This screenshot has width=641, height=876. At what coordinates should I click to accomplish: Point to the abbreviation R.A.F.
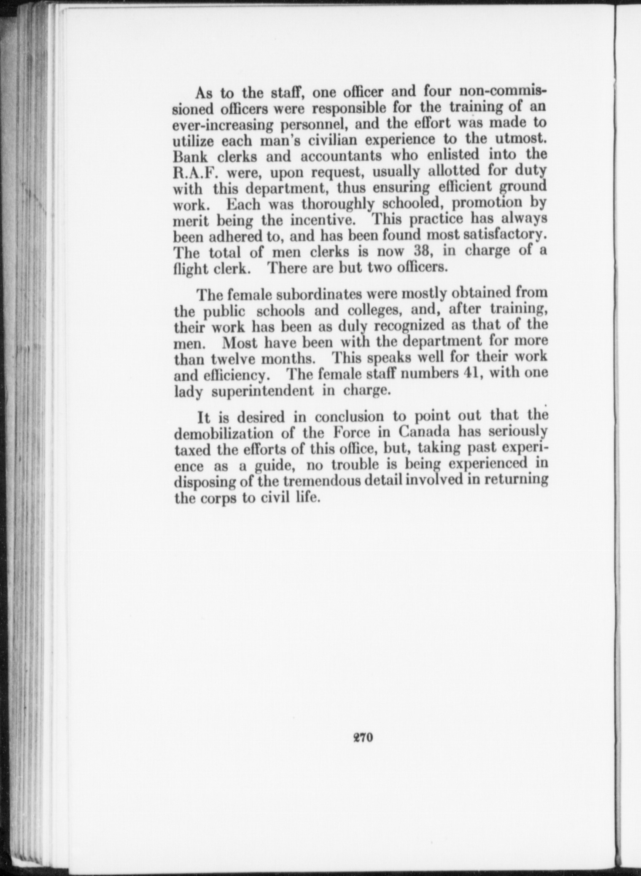[195, 172]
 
